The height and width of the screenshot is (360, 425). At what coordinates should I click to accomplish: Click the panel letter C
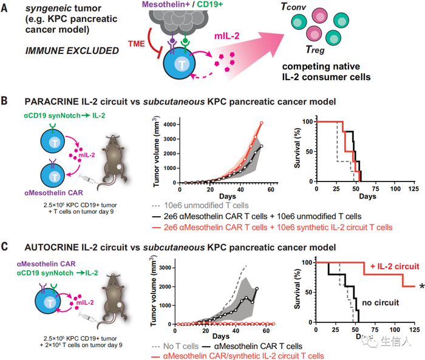pyautogui.click(x=7, y=247)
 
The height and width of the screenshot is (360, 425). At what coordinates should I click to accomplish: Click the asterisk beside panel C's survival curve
pyautogui.click(x=418, y=285)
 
